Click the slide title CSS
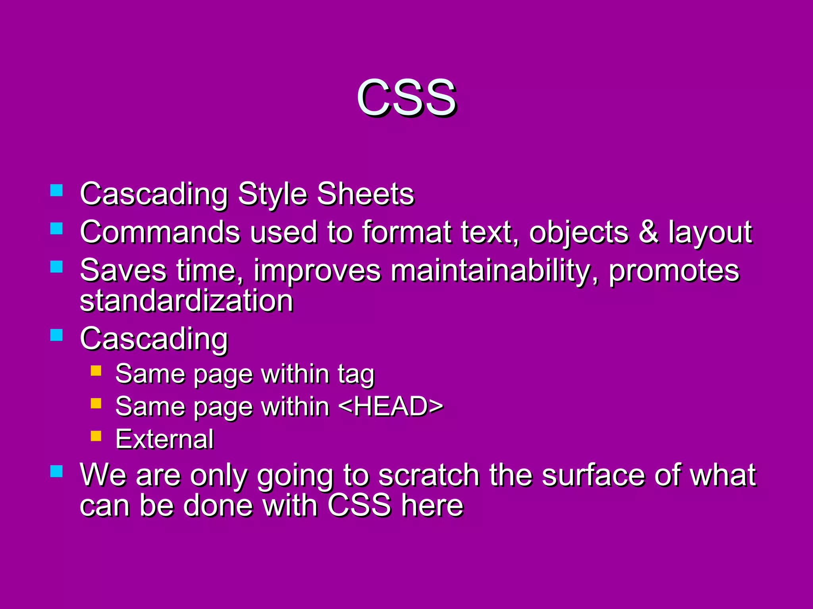coord(406,98)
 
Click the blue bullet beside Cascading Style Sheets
coord(57,190)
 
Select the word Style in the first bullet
coord(273,194)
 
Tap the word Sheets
coord(365,194)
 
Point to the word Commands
coord(160,232)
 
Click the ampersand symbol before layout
coord(649,232)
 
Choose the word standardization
coord(187,301)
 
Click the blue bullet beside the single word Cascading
coord(57,335)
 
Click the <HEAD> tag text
coord(391,406)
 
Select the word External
coord(165,439)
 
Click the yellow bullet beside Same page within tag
coord(96,371)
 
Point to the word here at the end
coord(432,506)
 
